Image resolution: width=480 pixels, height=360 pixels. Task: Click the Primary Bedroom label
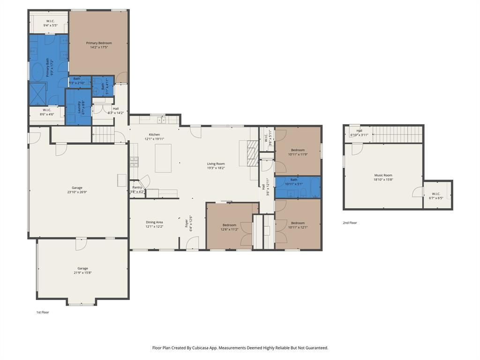coord(98,43)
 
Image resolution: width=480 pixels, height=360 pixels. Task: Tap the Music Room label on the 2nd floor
coord(383,175)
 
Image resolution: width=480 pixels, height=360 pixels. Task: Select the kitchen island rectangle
coord(163,158)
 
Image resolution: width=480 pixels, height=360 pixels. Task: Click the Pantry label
coord(137,187)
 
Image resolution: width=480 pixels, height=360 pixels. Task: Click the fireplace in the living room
coord(252,154)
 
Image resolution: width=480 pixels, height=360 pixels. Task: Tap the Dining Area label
coord(154,222)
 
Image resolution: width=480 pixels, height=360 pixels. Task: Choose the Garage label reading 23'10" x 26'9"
coord(77,187)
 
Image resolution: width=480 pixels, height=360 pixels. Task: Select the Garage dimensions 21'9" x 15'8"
coord(82,272)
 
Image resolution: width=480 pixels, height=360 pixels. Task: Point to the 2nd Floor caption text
coord(350,223)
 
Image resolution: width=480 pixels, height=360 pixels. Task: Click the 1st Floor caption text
coord(43,312)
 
